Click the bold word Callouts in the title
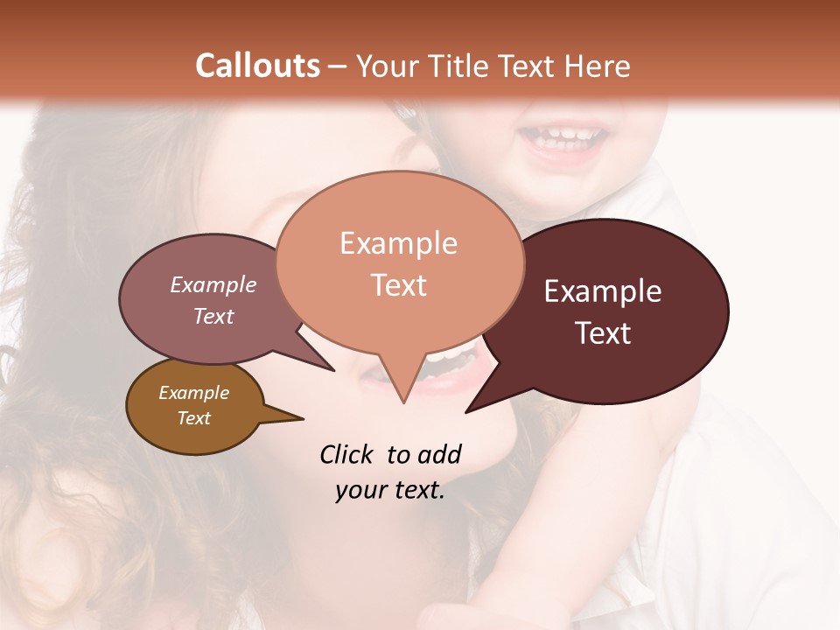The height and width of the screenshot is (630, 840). pos(257,66)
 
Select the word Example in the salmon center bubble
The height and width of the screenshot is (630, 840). pos(398,243)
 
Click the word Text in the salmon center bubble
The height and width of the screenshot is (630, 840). pos(398,285)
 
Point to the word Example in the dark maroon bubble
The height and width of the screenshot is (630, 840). pos(603,291)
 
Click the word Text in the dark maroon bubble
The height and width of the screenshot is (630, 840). pos(603,333)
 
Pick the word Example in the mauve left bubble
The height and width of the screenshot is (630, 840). pos(213,284)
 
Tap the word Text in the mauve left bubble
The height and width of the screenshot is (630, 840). pos(213,316)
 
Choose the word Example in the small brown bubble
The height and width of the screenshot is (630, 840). pos(193,393)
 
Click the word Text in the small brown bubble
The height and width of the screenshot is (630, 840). pos(193,418)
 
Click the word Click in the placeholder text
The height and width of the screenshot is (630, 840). pos(348,454)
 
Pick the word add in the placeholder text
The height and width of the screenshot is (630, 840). pos(440,454)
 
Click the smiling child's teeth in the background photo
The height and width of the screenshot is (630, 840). pos(561,137)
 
